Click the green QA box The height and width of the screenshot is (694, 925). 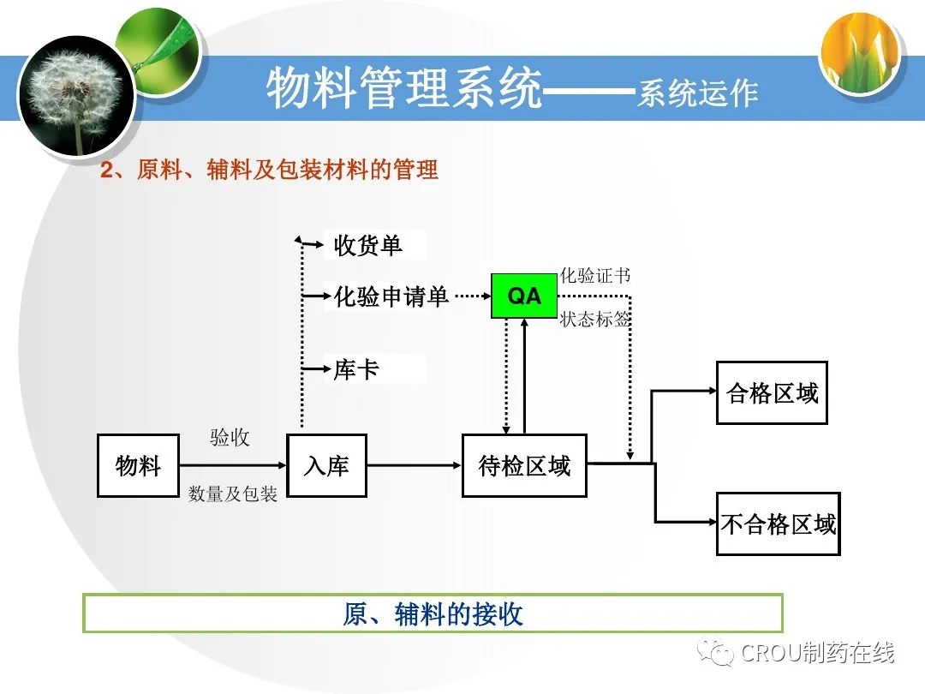[523, 296]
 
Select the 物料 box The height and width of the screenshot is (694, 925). [138, 465]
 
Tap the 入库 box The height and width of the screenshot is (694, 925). [326, 465]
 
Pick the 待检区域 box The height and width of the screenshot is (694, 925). [524, 465]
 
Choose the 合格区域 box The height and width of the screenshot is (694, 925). [772, 392]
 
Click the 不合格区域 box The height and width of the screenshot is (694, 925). [778, 523]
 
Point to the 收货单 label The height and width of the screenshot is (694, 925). [367, 246]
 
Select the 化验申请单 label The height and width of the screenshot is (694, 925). [391, 296]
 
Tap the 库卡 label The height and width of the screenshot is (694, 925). [356, 370]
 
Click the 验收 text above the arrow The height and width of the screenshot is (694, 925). [230, 437]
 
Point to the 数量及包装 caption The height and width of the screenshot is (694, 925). [233, 494]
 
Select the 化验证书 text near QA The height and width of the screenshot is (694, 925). [595, 276]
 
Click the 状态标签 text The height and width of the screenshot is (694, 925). [595, 320]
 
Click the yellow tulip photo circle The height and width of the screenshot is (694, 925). [861, 53]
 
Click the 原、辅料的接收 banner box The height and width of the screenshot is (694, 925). [433, 613]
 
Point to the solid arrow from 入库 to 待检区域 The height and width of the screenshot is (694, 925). [414, 465]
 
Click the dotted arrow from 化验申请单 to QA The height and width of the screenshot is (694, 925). [470, 296]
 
